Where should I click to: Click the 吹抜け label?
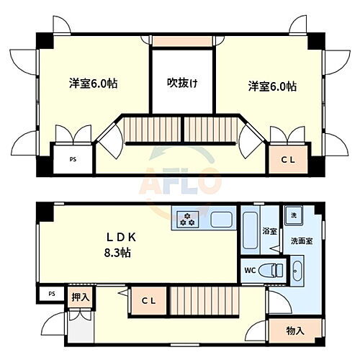(x=183, y=83)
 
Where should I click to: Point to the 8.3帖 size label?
(x=116, y=253)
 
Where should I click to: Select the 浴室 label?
(x=270, y=232)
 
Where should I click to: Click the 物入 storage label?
(x=294, y=331)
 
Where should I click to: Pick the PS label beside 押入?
(x=50, y=294)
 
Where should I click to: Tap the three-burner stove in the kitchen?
(x=189, y=217)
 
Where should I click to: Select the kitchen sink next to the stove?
(x=221, y=217)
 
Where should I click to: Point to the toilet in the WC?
(x=273, y=271)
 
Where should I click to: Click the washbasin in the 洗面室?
(x=297, y=272)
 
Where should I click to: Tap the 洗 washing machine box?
(x=294, y=216)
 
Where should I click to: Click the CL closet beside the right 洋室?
(x=287, y=159)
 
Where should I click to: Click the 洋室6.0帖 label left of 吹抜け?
(x=94, y=84)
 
